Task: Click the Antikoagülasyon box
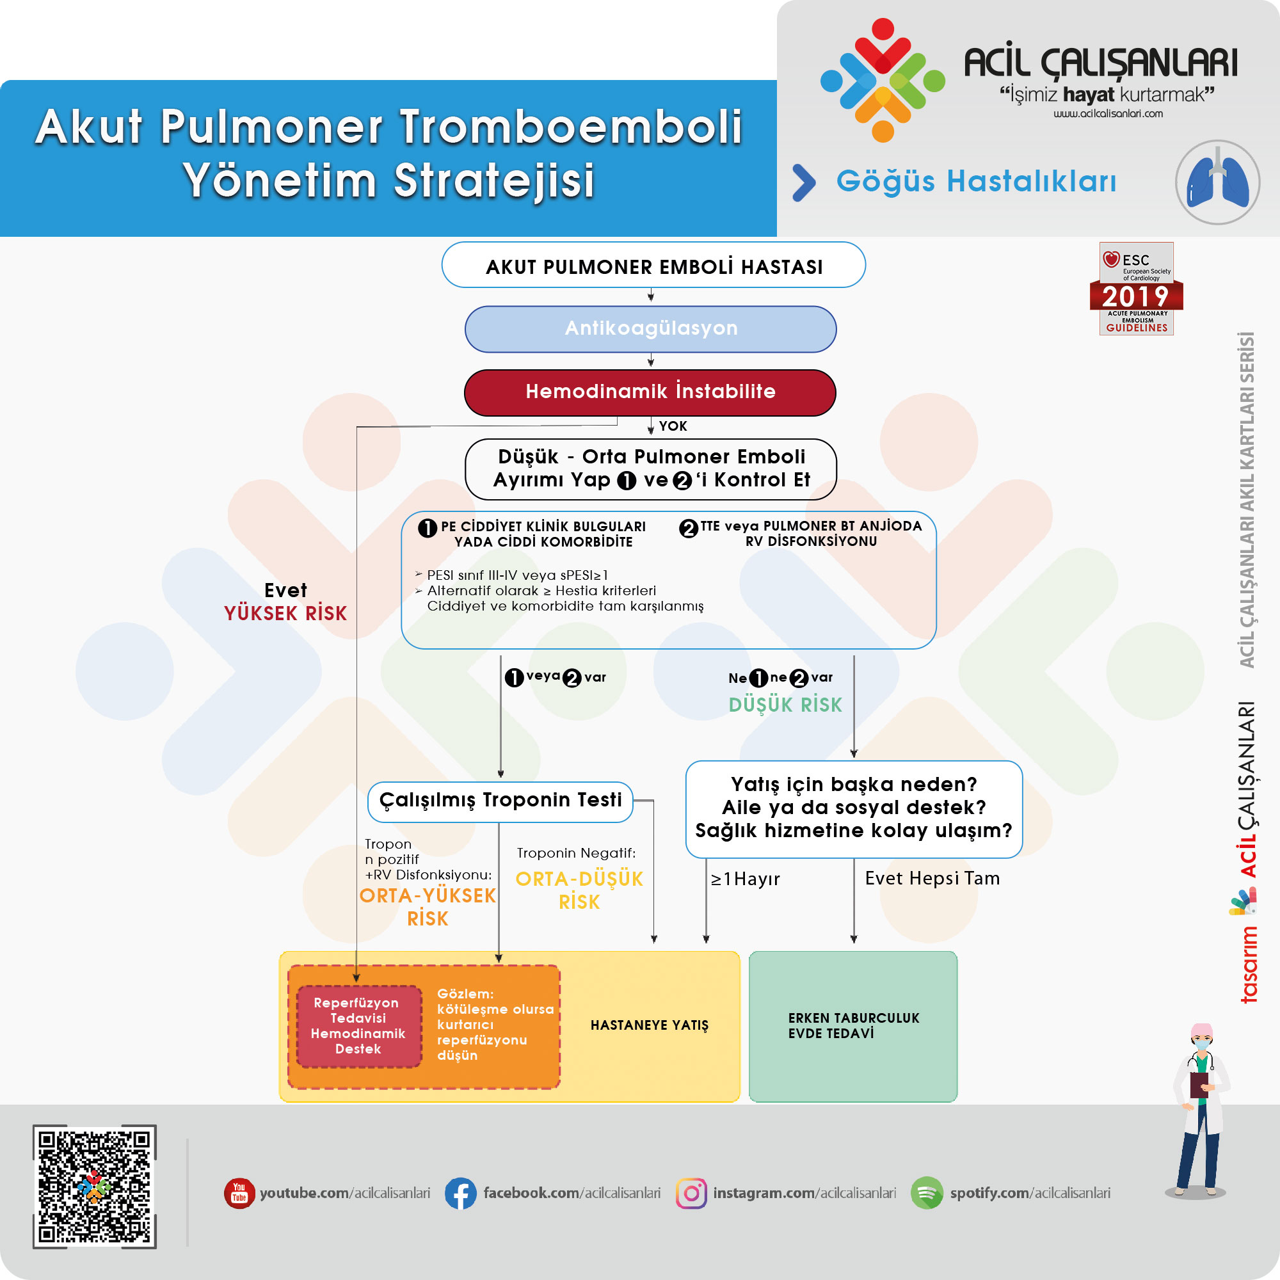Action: tap(650, 328)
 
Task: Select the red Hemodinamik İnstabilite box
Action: tap(650, 392)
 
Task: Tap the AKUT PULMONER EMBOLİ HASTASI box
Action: tap(653, 266)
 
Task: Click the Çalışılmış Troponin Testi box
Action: tap(500, 801)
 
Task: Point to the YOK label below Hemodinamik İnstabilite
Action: tap(673, 426)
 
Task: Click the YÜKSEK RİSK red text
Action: tap(285, 614)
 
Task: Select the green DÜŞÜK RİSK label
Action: tap(785, 705)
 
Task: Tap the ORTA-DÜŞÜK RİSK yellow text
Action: tap(579, 890)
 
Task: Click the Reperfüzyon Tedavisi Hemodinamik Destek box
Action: tap(358, 1025)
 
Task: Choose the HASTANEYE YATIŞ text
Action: tap(649, 1025)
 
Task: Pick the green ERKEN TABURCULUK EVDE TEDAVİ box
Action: tap(852, 1025)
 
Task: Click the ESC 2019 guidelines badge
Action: tap(1136, 289)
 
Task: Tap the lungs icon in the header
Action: tap(1217, 182)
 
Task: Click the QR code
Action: tap(95, 1187)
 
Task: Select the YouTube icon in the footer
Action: tap(239, 1193)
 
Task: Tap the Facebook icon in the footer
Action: tap(460, 1193)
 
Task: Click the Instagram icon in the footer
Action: tap(691, 1193)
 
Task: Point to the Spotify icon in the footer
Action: tap(926, 1193)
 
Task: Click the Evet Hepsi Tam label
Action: tap(932, 879)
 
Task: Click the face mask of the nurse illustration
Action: tap(1202, 1045)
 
